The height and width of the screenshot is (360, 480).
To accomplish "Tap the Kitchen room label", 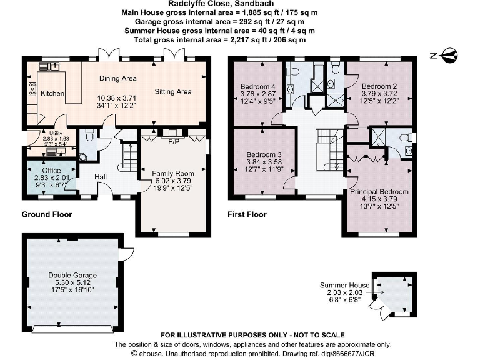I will pos(52,93).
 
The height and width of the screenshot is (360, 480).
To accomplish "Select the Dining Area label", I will pos(118,79).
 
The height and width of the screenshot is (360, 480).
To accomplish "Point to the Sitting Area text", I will pos(173,92).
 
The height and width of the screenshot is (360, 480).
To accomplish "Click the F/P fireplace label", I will pos(174,142).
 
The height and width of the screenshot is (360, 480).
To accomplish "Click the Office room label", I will pos(51,170).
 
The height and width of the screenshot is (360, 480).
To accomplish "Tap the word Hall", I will pos(101,177).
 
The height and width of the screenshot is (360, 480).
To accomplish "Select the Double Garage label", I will pos(73,275).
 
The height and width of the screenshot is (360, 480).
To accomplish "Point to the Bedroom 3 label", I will pos(263,154).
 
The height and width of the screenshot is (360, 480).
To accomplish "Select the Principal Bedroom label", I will pos(379,192).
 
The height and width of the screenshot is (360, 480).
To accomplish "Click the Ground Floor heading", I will pos(47,214).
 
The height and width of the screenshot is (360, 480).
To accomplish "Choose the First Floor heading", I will pos(247,214).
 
